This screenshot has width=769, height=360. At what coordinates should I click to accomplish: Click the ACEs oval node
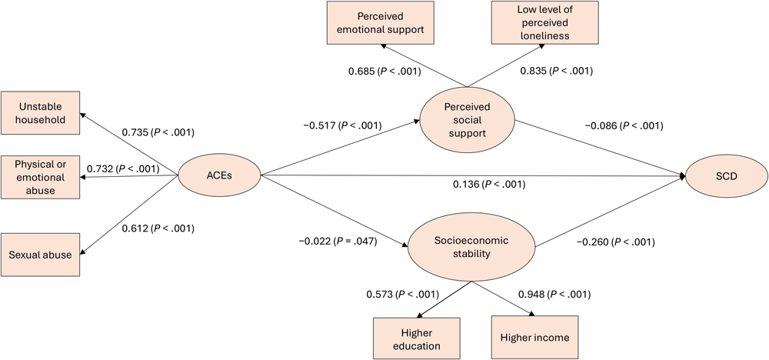(x=219, y=175)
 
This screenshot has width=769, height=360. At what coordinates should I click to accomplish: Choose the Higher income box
(x=531, y=338)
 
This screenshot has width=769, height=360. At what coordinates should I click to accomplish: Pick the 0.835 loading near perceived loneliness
(x=559, y=72)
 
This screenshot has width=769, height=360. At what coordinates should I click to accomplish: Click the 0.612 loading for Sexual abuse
(x=158, y=228)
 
